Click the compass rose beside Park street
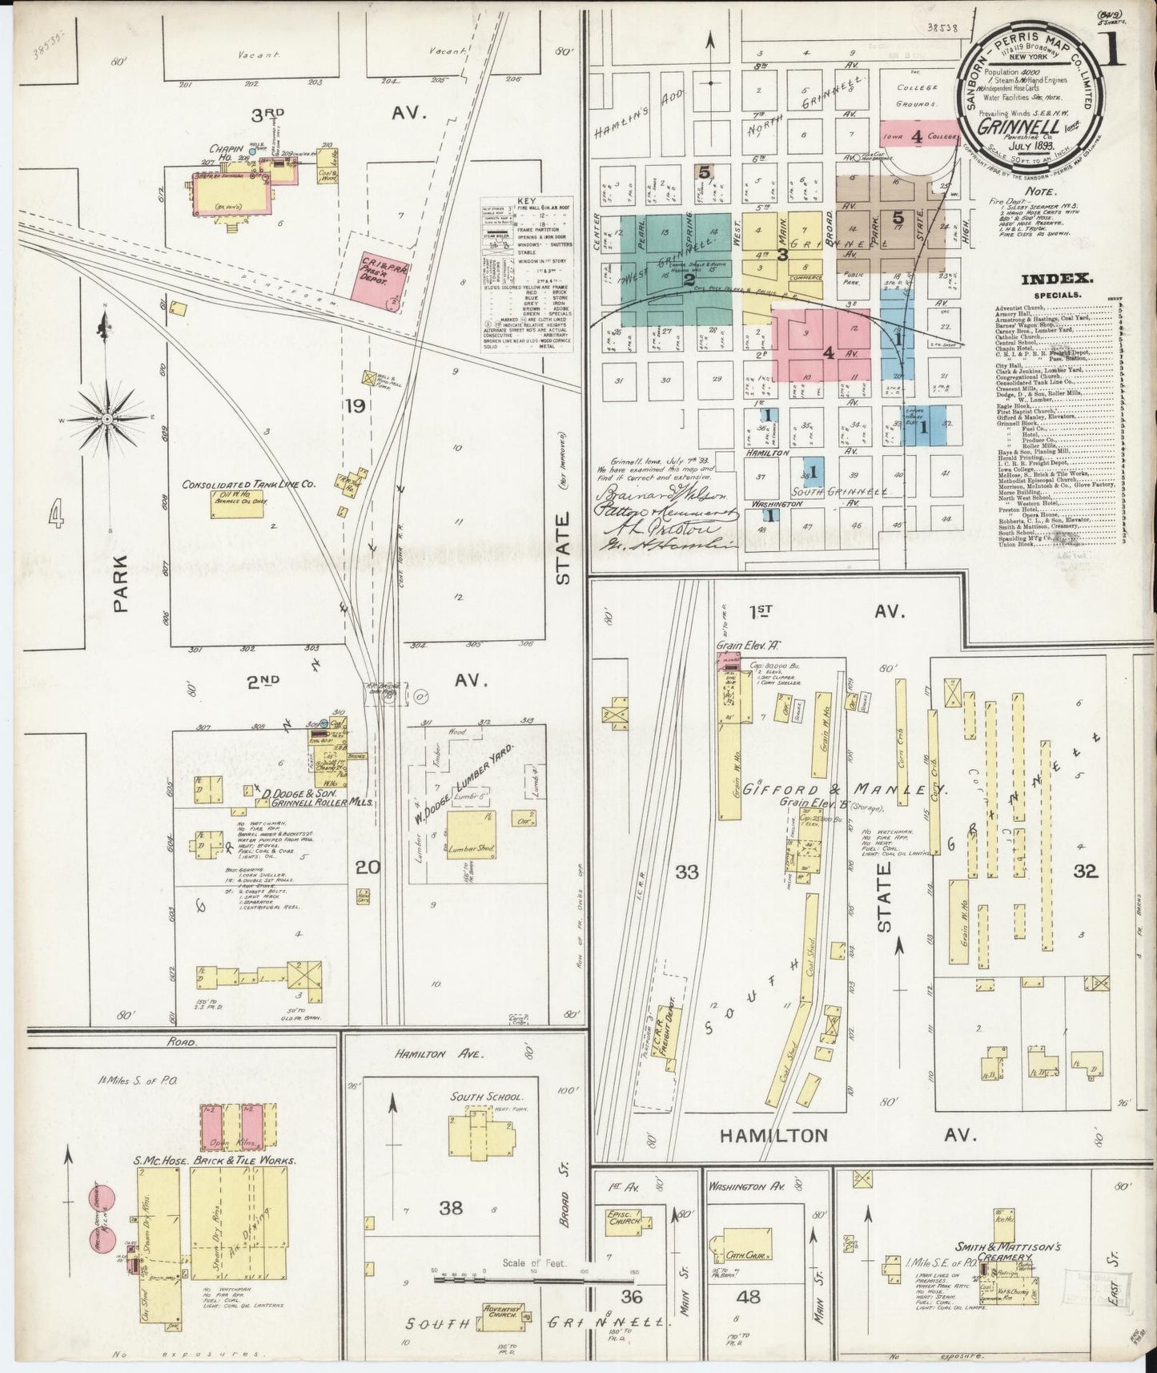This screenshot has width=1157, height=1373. click(106, 419)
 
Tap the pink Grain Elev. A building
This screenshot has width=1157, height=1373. click(729, 660)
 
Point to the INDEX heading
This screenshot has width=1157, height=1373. click(1056, 279)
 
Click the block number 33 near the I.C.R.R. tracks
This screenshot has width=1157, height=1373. click(686, 872)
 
